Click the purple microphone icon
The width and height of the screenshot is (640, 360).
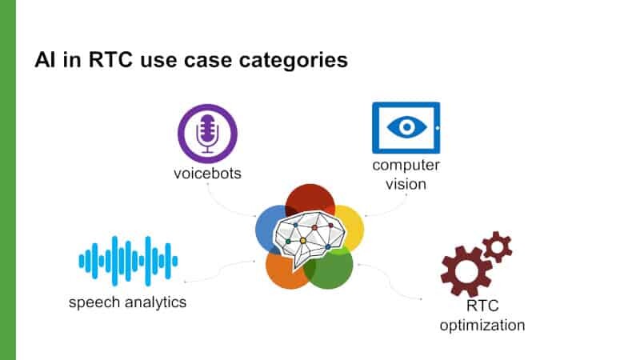[207, 134]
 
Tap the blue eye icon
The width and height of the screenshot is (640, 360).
[406, 128]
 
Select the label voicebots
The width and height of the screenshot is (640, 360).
[207, 174]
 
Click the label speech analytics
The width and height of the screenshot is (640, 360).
[127, 302]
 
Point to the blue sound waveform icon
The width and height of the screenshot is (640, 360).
[128, 262]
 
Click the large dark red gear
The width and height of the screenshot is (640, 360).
[466, 271]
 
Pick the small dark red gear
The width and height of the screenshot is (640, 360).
[497, 247]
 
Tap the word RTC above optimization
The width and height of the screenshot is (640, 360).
[482, 306]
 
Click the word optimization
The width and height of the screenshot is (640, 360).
[482, 326]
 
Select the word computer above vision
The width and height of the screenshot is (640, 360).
[406, 166]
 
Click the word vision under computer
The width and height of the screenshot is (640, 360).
[406, 184]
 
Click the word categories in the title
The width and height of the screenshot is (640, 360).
[294, 60]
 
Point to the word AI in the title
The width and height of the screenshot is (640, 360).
[46, 60]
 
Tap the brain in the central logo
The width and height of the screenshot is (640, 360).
[309, 238]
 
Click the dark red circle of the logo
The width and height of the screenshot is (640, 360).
[310, 199]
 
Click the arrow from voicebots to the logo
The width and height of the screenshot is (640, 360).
[222, 206]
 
